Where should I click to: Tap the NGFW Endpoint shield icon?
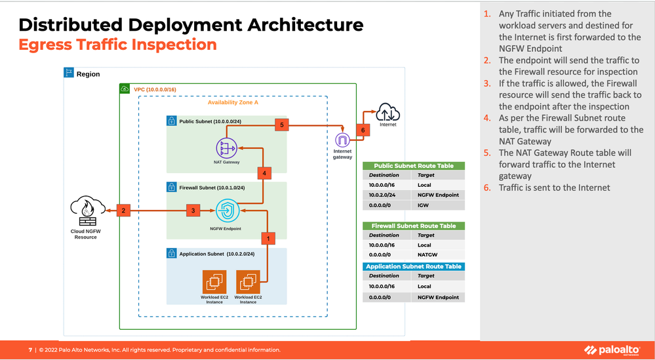[226, 211]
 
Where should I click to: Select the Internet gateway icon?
[342, 140]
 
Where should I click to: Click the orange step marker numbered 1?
[268, 238]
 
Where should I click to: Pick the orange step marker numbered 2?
[123, 210]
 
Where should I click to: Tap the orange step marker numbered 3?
[192, 210]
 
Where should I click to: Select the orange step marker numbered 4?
[264, 173]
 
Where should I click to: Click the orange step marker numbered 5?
[281, 124]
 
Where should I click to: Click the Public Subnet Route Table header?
[414, 166]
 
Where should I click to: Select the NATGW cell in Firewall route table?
[427, 255]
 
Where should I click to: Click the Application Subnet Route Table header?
[414, 266]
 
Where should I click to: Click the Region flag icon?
[68, 73]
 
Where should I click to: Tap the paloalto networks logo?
[613, 350]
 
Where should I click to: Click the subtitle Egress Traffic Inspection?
[117, 45]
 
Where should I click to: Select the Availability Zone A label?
[233, 102]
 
